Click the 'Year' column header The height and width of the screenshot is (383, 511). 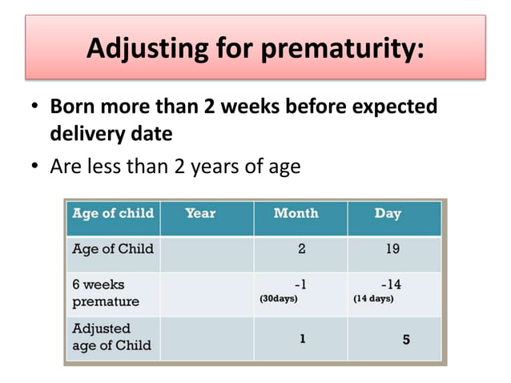200,214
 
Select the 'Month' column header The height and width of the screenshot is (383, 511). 296,214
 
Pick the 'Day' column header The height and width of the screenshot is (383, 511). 388,214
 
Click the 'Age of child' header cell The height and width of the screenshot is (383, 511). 112,214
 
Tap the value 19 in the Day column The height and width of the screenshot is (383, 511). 392,249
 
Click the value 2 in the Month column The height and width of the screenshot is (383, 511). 302,249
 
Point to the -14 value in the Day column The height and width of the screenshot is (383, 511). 391,284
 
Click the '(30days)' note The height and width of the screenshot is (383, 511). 278,300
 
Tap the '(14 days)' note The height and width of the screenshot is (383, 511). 372,300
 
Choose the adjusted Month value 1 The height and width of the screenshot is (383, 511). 302,339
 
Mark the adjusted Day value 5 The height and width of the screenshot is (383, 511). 406,340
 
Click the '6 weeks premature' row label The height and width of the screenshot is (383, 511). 106,292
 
